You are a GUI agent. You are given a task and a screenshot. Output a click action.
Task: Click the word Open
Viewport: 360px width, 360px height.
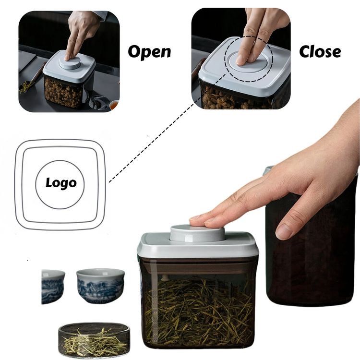149,52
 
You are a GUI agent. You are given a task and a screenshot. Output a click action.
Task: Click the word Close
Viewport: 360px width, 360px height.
320,51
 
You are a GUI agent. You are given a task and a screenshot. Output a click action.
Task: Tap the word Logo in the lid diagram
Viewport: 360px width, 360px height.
61,183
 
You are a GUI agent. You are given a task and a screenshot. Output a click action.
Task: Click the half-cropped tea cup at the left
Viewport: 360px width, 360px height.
53,287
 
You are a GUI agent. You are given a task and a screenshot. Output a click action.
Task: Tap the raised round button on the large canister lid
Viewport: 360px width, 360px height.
197,233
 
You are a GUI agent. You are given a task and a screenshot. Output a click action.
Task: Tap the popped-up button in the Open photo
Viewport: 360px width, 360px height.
69,63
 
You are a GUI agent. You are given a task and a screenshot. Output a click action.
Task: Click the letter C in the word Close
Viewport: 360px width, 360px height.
305,51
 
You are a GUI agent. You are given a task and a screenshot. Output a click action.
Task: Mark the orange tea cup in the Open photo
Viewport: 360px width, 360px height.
114,106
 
